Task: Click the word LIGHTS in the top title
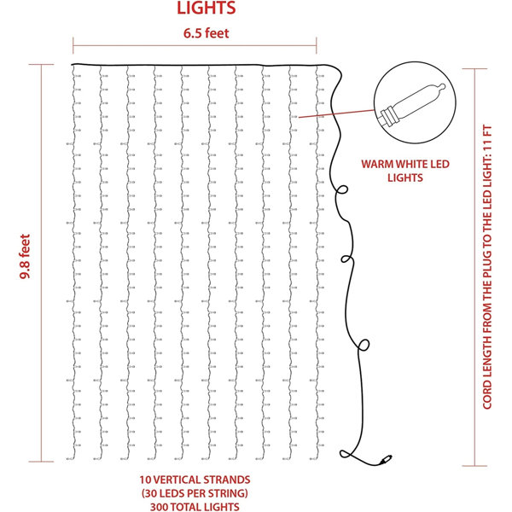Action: [206, 8]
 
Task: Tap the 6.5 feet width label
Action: [206, 33]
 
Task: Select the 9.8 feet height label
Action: [25, 256]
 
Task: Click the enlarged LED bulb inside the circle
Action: [412, 104]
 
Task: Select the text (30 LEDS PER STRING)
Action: [195, 493]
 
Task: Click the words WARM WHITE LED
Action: [405, 164]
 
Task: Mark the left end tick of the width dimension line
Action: [73, 46]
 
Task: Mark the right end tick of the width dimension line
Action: [317, 46]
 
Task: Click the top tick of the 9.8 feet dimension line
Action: [41, 65]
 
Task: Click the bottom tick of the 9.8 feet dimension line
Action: [41, 462]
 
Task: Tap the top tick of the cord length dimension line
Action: [474, 69]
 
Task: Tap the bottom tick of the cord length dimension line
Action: [474, 466]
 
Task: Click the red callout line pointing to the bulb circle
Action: [337, 113]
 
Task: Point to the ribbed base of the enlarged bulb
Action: [388, 117]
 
